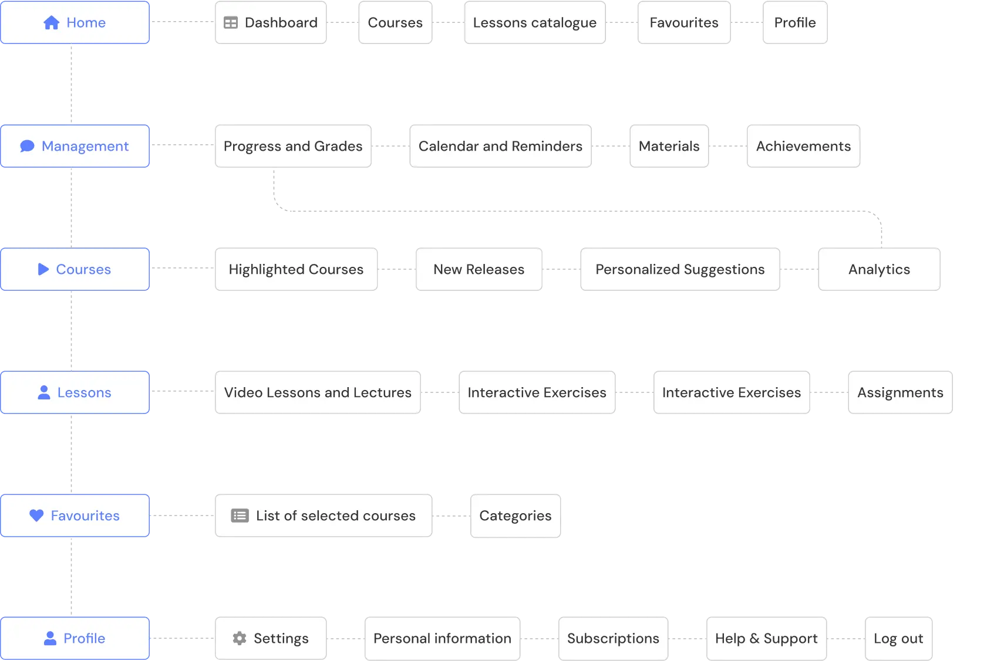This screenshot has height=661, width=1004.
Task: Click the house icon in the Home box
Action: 52,23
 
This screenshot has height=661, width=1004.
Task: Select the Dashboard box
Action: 271,23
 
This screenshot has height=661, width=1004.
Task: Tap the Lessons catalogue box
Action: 534,23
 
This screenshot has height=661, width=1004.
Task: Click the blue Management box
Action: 75,146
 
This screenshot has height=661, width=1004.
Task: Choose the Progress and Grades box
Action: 292,146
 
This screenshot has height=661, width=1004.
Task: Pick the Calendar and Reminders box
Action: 500,146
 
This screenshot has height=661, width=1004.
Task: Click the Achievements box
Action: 803,146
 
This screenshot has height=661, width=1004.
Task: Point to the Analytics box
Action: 879,269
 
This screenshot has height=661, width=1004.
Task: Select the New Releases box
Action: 479,269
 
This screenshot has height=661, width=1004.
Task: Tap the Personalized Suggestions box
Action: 680,269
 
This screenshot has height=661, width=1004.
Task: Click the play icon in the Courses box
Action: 43,269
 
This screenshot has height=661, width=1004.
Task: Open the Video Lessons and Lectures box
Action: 317,392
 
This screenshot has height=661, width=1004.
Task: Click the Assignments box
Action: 899,392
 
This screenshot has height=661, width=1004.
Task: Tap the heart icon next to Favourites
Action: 36,516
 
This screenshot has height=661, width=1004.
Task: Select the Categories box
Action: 515,516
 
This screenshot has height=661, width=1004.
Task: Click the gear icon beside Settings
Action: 240,638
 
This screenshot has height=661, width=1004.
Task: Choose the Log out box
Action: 898,638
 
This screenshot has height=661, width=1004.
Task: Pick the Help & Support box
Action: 766,638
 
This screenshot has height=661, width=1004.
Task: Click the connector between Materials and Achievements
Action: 727,148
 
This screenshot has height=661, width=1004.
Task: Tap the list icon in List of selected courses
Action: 240,516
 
